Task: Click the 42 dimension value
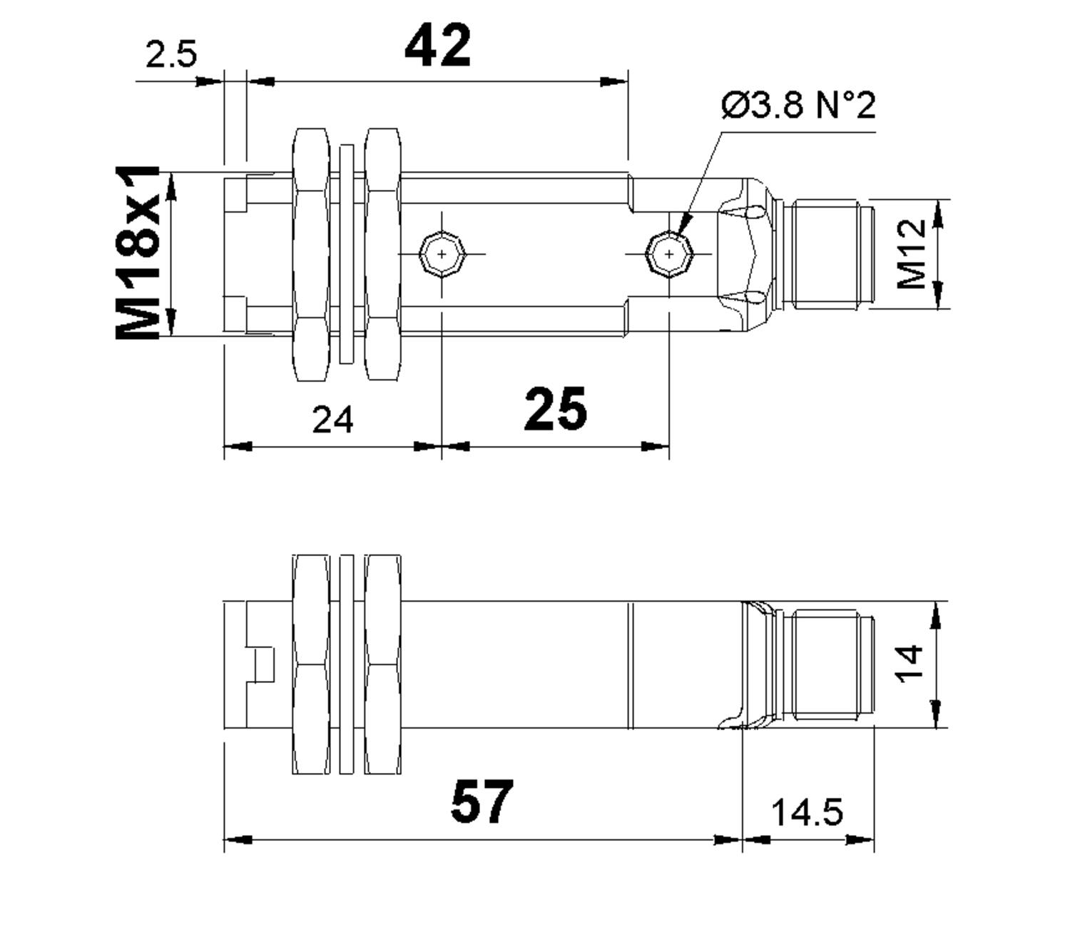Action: click(x=437, y=46)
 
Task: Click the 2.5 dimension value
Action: click(x=171, y=54)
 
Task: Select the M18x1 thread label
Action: click(x=137, y=253)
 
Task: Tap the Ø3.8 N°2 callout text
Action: click(x=798, y=106)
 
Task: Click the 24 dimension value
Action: click(x=332, y=420)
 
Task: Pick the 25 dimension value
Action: click(x=555, y=410)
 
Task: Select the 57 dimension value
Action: click(x=481, y=802)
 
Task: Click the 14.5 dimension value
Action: click(x=807, y=812)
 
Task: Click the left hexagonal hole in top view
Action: click(x=442, y=254)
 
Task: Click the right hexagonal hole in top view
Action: click(x=669, y=254)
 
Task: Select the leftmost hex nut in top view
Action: click(x=312, y=254)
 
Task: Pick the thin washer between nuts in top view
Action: click(x=347, y=254)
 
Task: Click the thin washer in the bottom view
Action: click(x=347, y=664)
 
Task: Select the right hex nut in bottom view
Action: click(x=382, y=664)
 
